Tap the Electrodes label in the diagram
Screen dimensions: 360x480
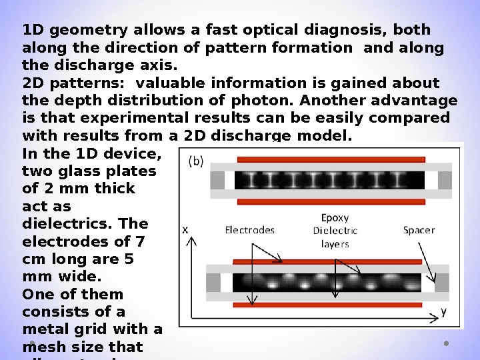point(250,230)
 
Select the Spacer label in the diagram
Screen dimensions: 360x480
point(419,230)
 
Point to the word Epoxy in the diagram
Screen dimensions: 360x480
point(335,217)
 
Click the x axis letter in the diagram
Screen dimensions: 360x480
point(185,229)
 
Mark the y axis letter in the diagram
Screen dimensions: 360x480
point(444,311)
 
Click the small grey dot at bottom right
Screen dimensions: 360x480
point(445,344)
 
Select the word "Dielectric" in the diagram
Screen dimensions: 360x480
point(335,231)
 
